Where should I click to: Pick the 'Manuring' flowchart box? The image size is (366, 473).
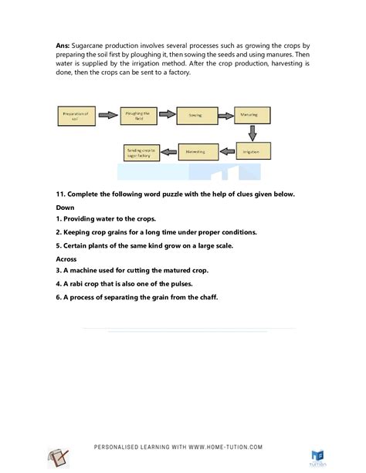[x=251, y=116]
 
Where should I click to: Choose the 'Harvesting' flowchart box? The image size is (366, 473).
[x=196, y=152]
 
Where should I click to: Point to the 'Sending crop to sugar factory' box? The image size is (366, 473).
[x=141, y=153]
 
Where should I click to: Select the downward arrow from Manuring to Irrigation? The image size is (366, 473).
[x=251, y=134]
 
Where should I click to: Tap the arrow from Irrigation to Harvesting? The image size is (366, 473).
[x=224, y=152]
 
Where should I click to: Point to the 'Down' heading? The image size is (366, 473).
[x=67, y=207]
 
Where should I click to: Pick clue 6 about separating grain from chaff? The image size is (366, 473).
[x=142, y=296]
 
